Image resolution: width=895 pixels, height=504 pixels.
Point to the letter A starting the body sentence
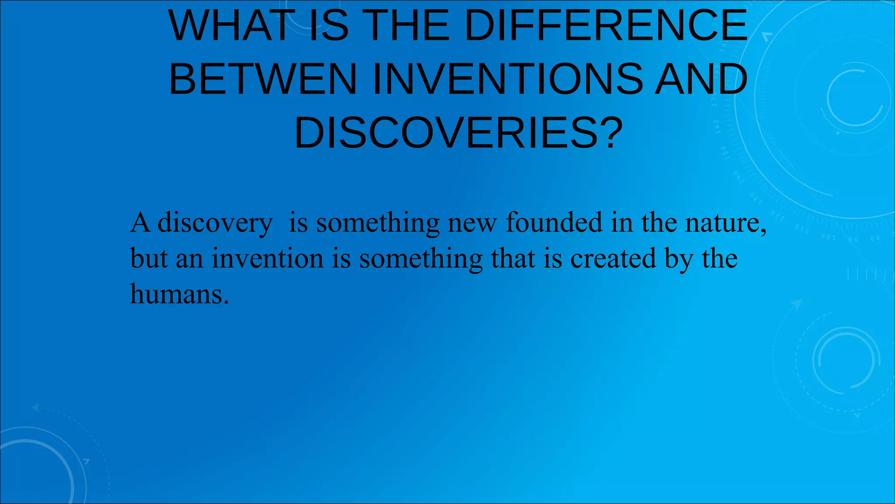tap(140, 223)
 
